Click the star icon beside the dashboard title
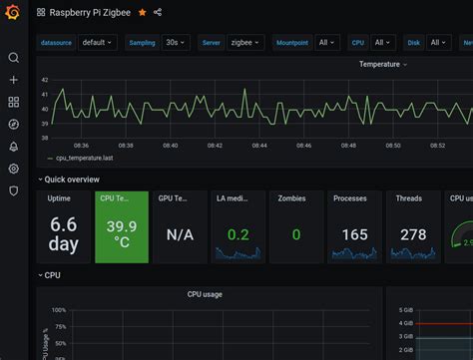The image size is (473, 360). (142, 12)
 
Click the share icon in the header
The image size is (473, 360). (158, 12)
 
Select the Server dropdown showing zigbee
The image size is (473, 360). (244, 43)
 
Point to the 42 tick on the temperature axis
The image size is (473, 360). (45, 79)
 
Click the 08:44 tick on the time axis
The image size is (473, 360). (259, 145)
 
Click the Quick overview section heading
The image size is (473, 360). (71, 180)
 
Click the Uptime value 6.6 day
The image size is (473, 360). (63, 233)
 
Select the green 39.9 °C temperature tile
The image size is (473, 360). (121, 233)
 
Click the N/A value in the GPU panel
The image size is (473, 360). (180, 234)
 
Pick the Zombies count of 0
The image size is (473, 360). (295, 234)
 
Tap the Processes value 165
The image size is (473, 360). (354, 234)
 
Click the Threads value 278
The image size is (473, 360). (412, 234)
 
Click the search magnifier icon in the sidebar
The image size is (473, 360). (13, 58)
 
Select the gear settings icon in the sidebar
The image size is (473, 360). (13, 168)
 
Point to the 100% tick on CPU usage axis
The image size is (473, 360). (58, 310)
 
